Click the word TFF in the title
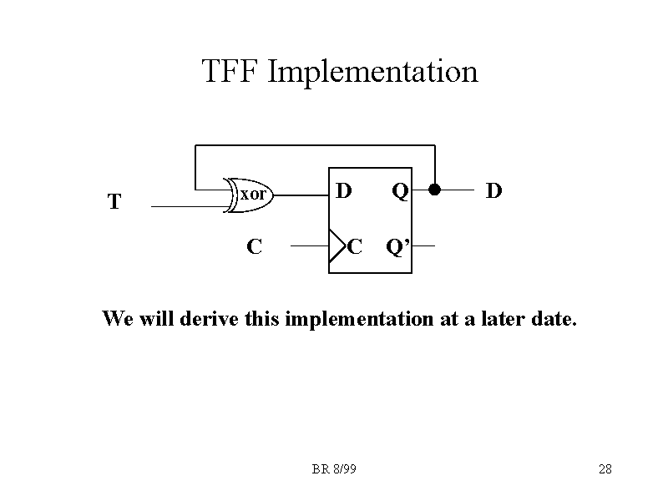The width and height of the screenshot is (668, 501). pyautogui.click(x=231, y=72)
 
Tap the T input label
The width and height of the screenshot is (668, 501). pyautogui.click(x=114, y=202)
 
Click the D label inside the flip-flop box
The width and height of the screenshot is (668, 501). pyautogui.click(x=343, y=191)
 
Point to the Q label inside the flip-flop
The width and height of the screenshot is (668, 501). pyautogui.click(x=400, y=192)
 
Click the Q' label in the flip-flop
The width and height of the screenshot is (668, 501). pyautogui.click(x=397, y=247)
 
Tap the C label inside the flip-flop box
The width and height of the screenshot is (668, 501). pyautogui.click(x=355, y=247)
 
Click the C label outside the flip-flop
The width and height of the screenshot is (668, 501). pyautogui.click(x=254, y=247)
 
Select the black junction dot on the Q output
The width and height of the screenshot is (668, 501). pyautogui.click(x=434, y=190)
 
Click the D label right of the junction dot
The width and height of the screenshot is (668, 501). pyautogui.click(x=494, y=191)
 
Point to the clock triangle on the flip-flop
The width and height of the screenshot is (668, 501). pyautogui.click(x=337, y=247)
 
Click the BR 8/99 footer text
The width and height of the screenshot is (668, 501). pyautogui.click(x=334, y=470)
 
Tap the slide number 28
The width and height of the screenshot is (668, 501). pyautogui.click(x=605, y=470)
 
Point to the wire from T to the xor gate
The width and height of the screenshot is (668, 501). pyautogui.click(x=188, y=206)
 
